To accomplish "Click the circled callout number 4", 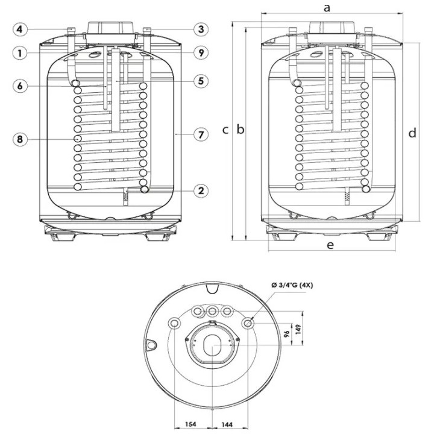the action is tap(20, 29).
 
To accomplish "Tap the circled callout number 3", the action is tap(201, 29).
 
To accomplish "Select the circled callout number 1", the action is tap(20, 53).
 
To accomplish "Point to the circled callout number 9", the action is tap(201, 52).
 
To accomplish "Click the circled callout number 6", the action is tap(20, 86).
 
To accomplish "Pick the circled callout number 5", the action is tap(201, 81).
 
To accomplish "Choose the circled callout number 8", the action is tap(20, 139).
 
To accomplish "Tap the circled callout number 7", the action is tap(201, 134).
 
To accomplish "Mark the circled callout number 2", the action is tap(201, 190).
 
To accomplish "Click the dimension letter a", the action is tap(327, 8).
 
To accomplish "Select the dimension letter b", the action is tap(241, 129).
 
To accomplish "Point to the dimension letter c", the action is tap(225, 130).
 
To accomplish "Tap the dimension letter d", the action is tap(412, 133).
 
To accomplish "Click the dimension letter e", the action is tap(330, 245).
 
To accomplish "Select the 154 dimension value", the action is tap(190, 424).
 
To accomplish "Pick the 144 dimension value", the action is tap(227, 424).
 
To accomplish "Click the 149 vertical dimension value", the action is tap(298, 330).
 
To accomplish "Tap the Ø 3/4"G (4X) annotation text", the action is tap(292, 285).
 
